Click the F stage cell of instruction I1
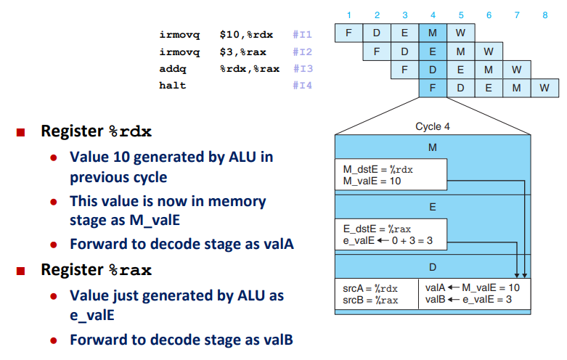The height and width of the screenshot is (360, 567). coord(348,33)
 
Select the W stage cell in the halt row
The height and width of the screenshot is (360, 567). coord(543,89)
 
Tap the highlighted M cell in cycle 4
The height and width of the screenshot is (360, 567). coord(433,33)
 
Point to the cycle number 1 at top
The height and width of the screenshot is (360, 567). coord(348,15)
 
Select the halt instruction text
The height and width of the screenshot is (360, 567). coord(173,86)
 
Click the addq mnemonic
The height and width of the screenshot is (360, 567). coord(173,68)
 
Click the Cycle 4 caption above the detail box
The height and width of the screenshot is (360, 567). coord(433,126)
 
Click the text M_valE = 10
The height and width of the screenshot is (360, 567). coord(372,181)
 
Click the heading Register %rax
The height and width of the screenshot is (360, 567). coord(96,270)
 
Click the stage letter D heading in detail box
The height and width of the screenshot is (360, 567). coord(433,266)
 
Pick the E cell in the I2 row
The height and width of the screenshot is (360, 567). coord(433,51)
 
